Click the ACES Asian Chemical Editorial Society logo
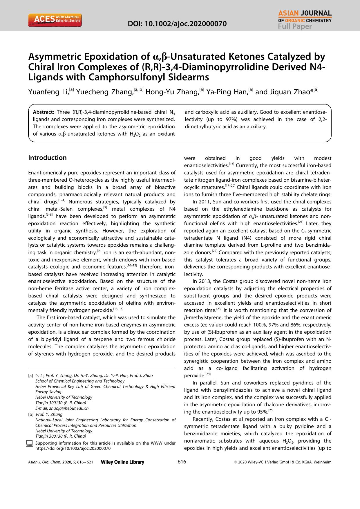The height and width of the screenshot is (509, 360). click(55, 20)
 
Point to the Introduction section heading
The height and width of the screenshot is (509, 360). click(47, 158)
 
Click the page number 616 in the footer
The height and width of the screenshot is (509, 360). click(182, 462)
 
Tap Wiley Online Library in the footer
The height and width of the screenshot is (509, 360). click(122, 462)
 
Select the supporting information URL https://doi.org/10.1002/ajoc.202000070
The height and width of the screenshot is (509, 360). click(73, 448)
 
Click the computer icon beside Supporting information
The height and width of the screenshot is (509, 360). click(29, 443)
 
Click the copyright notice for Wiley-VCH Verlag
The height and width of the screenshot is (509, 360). click(282, 462)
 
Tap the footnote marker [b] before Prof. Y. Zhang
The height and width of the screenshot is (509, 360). click(31, 414)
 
